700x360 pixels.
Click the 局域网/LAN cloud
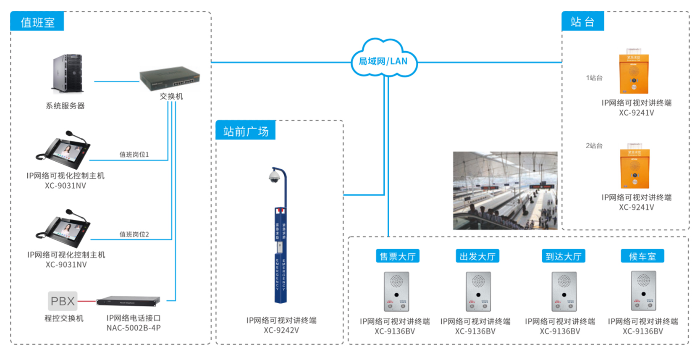pyautogui.click(x=383, y=60)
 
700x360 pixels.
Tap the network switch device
pyautogui.click(x=170, y=78)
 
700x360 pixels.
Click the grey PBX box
pyautogui.click(x=63, y=301)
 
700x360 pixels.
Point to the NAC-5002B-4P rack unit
pyautogui.click(x=128, y=301)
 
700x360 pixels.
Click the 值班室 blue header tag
pyautogui.click(x=37, y=22)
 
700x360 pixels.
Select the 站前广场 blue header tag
pyautogui.click(x=246, y=131)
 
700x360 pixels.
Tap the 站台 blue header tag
pyautogui.click(x=582, y=22)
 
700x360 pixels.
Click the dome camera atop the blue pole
pyautogui.click(x=274, y=177)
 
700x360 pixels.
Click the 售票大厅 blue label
pyautogui.click(x=397, y=256)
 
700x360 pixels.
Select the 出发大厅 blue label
pyautogui.click(x=477, y=256)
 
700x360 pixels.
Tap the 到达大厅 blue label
pyautogui.click(x=563, y=256)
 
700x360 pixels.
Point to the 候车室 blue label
pyautogui.click(x=642, y=256)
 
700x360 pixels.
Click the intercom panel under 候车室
pyautogui.click(x=643, y=291)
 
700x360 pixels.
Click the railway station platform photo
pyautogui.click(x=505, y=190)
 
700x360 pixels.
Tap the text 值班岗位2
pyautogui.click(x=134, y=234)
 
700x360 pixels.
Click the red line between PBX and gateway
pyautogui.click(x=87, y=301)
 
